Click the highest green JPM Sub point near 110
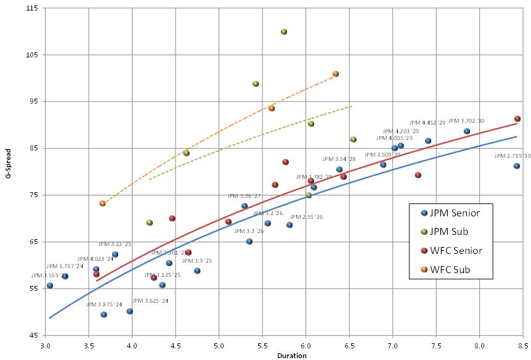pyautogui.click(x=284, y=32)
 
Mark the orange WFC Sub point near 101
pyautogui.click(x=336, y=74)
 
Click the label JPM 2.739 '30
pyautogui.click(x=512, y=157)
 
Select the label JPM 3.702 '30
pyautogui.click(x=466, y=121)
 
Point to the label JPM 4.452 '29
pyautogui.click(x=426, y=123)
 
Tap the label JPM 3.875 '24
pyautogui.click(x=104, y=305)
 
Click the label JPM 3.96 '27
pyautogui.click(x=244, y=196)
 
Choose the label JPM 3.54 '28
pyautogui.click(x=339, y=159)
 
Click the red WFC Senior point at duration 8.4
pyautogui.click(x=517, y=119)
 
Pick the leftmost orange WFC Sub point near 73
pyautogui.click(x=102, y=203)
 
